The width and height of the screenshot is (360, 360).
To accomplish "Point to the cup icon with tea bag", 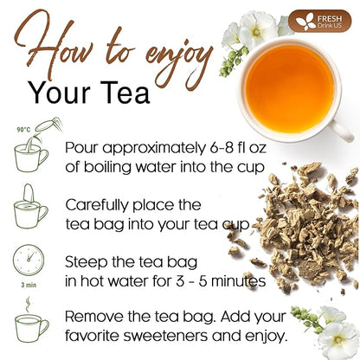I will (x=30, y=210).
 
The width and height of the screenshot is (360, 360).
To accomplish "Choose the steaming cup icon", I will (x=29, y=325).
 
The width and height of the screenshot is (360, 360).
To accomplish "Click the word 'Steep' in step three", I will (x=90, y=260).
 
